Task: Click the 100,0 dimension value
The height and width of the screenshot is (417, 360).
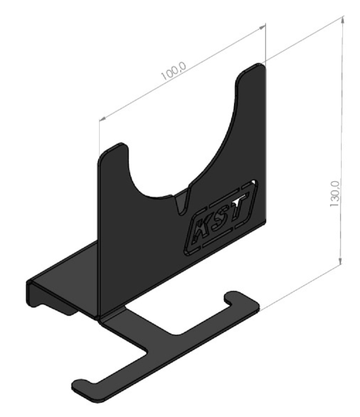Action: tap(174, 72)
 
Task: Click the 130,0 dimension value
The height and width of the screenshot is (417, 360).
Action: tap(335, 194)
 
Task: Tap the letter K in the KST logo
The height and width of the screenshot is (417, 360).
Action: tap(202, 229)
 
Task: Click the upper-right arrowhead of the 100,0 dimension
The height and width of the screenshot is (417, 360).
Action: tap(262, 27)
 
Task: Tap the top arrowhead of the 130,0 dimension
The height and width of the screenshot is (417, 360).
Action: tap(343, 21)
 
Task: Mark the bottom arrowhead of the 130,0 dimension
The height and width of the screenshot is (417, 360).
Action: tap(340, 261)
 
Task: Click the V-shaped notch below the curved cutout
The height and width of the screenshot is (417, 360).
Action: tap(183, 201)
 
